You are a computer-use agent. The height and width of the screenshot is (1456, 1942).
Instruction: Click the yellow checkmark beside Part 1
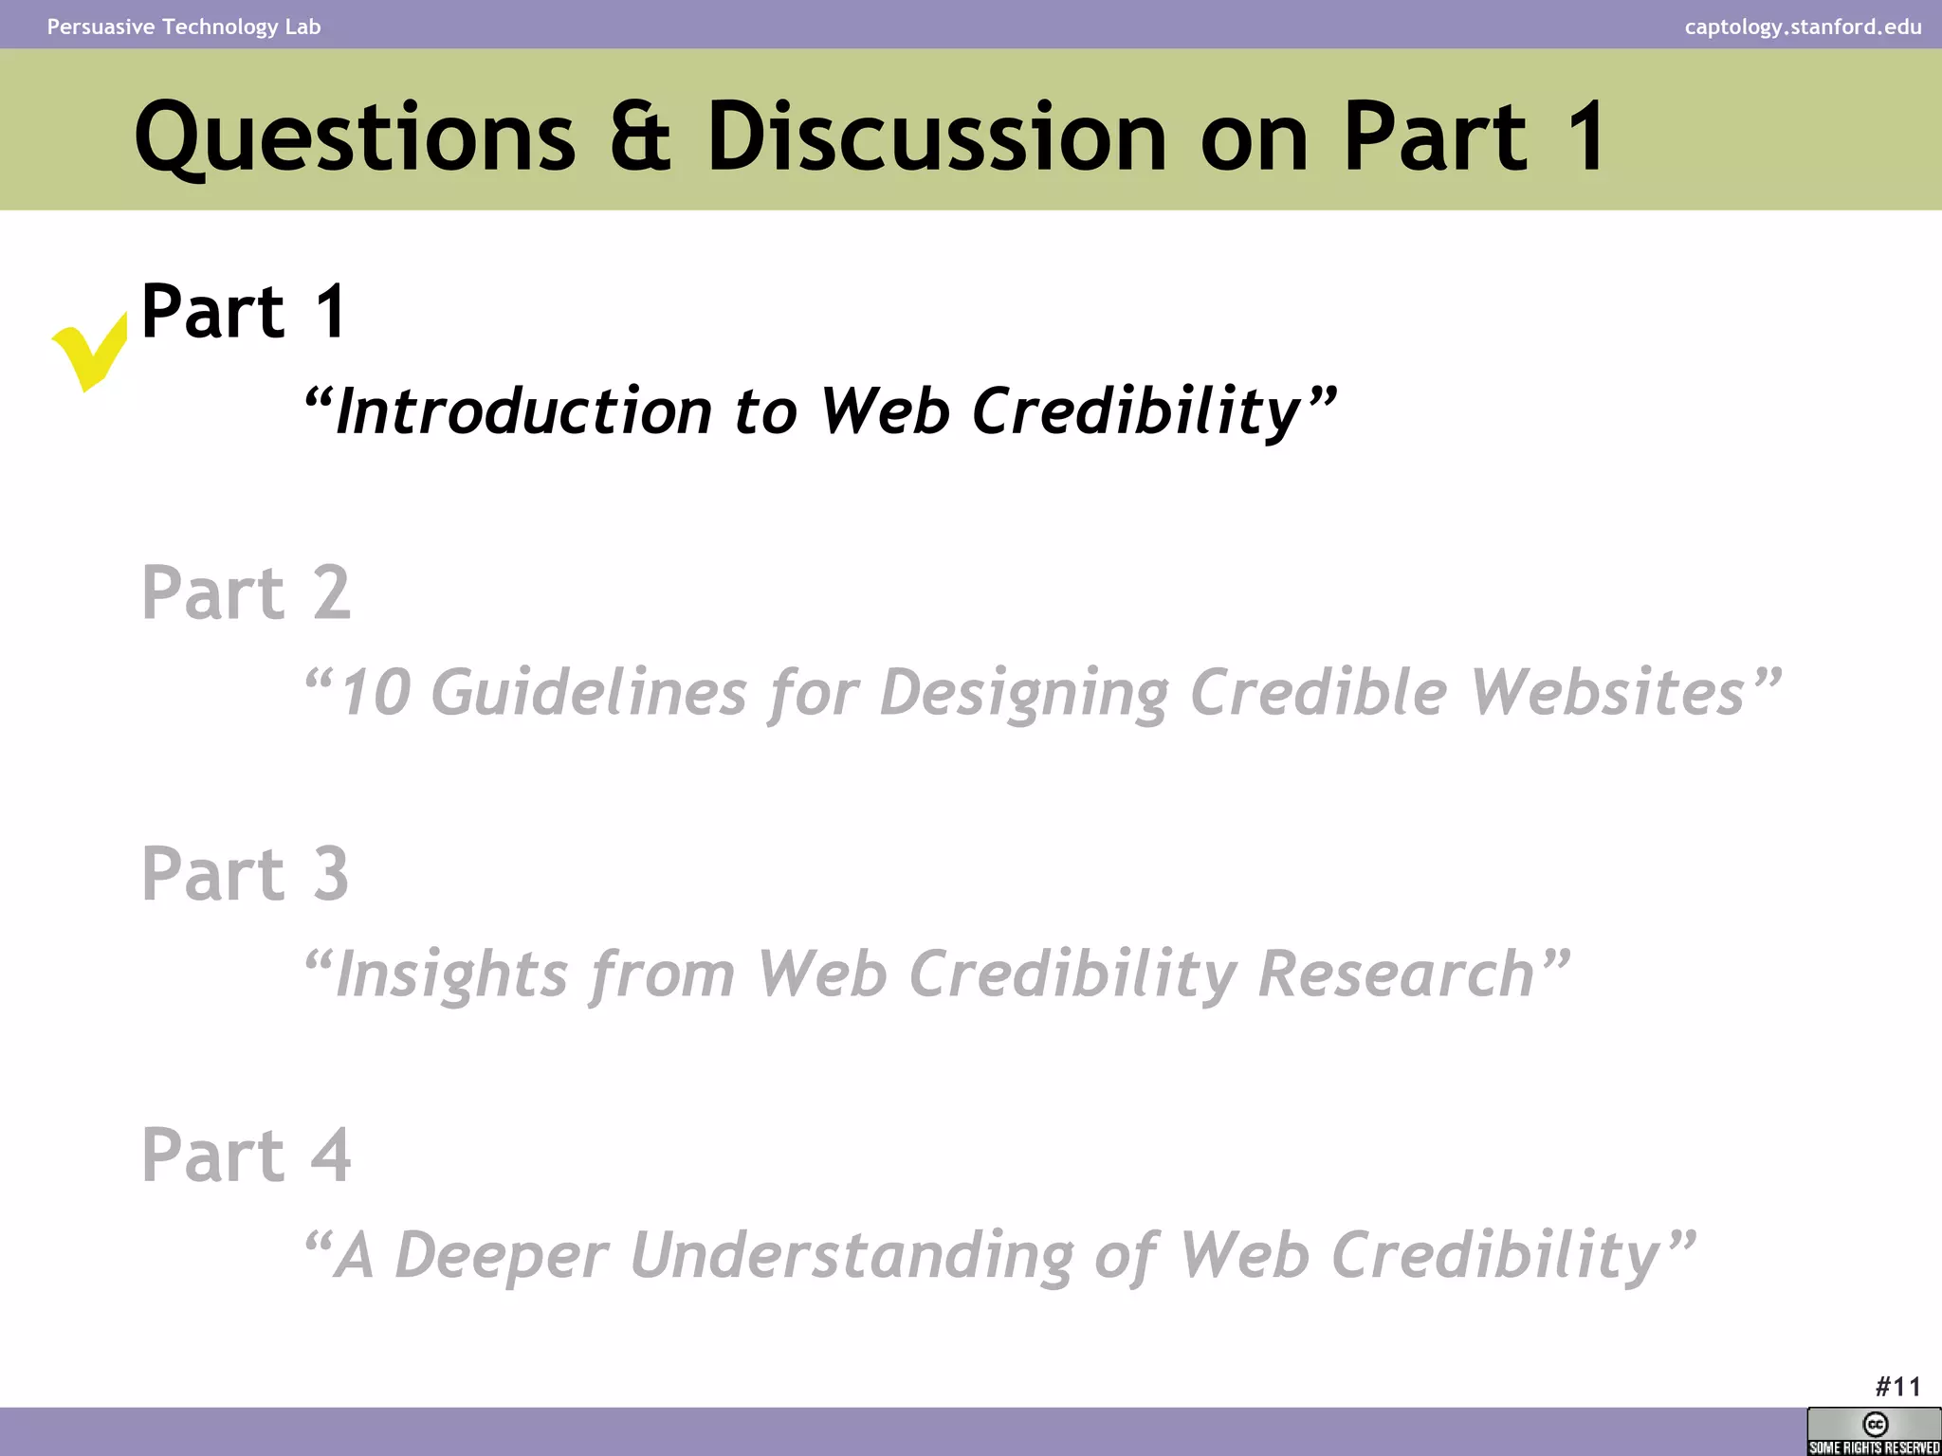(88, 352)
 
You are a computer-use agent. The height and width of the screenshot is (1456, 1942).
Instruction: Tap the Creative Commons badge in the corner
(1874, 1431)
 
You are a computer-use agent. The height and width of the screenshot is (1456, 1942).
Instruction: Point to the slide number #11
(1897, 1387)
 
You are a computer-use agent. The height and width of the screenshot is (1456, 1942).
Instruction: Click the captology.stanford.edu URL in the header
(1803, 27)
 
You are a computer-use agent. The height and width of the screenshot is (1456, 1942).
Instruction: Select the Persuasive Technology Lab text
(184, 27)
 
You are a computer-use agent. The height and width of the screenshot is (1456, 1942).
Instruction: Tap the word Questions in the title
(355, 137)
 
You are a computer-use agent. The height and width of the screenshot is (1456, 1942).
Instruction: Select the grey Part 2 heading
(246, 592)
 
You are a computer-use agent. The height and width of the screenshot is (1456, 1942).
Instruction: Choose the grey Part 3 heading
(245, 873)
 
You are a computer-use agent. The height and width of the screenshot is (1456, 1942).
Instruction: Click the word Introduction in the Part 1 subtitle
(522, 411)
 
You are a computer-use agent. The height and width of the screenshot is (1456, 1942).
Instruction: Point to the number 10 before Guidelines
(375, 692)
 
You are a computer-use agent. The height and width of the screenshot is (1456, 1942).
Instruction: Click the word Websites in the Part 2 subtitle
(1607, 692)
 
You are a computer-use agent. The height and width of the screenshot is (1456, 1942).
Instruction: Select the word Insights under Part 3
(451, 974)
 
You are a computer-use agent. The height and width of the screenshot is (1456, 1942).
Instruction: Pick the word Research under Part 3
(1396, 974)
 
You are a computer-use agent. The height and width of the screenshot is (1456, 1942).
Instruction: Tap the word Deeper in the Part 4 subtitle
(500, 1255)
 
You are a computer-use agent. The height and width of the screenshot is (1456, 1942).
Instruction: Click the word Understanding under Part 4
(851, 1255)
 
